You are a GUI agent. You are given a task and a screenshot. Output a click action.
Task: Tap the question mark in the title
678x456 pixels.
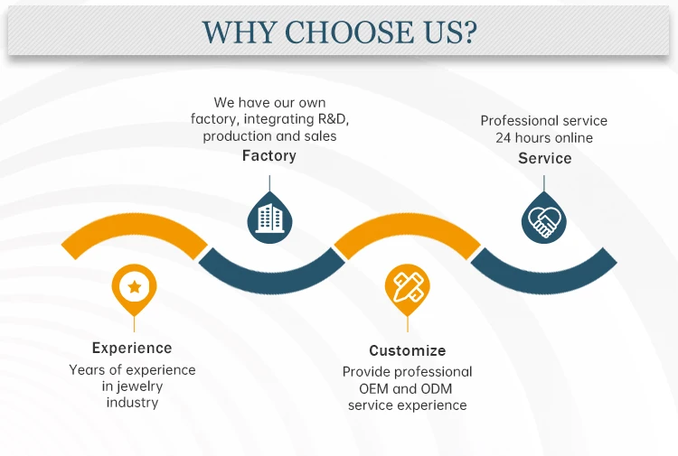tap(467, 33)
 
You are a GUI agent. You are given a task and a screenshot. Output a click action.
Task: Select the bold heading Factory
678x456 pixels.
tap(268, 155)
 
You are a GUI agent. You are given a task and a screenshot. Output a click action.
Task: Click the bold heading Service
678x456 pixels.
tap(544, 158)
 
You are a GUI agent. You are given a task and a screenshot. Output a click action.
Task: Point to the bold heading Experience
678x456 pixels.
tap(132, 348)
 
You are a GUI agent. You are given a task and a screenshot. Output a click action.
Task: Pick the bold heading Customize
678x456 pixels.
tap(407, 350)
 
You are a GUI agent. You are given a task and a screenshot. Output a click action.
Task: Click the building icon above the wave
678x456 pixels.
tap(268, 218)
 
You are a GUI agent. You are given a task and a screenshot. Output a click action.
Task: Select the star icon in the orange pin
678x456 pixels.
tap(134, 287)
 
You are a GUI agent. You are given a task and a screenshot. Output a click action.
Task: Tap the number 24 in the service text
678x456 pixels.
tap(504, 138)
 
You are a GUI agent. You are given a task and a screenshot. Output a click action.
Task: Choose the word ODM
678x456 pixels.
tap(433, 388)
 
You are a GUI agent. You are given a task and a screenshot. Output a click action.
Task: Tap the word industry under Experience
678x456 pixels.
tap(132, 403)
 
